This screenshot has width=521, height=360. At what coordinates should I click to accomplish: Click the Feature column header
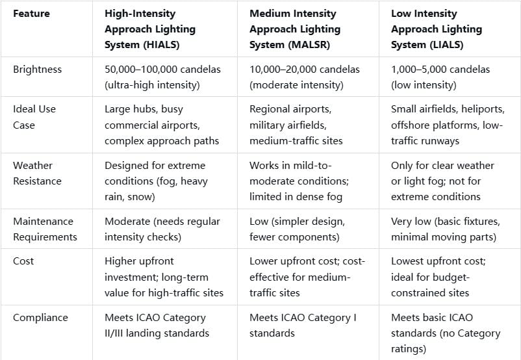tap(31, 13)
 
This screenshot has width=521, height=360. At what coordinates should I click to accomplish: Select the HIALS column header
tap(150, 29)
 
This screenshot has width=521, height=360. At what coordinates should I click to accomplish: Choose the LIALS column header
tap(437, 29)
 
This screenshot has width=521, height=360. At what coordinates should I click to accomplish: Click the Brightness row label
tap(37, 69)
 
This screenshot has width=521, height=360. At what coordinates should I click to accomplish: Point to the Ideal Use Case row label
tap(34, 117)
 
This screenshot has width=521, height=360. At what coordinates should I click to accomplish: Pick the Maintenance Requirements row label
tap(44, 229)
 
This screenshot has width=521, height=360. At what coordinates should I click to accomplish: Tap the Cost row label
tap(23, 261)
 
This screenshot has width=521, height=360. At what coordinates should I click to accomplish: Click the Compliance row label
tap(40, 317)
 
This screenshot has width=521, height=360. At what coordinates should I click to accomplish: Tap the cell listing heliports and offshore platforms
tap(448, 125)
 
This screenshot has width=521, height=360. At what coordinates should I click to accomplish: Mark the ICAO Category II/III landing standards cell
tap(157, 325)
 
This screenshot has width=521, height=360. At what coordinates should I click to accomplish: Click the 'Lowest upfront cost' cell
tap(438, 277)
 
